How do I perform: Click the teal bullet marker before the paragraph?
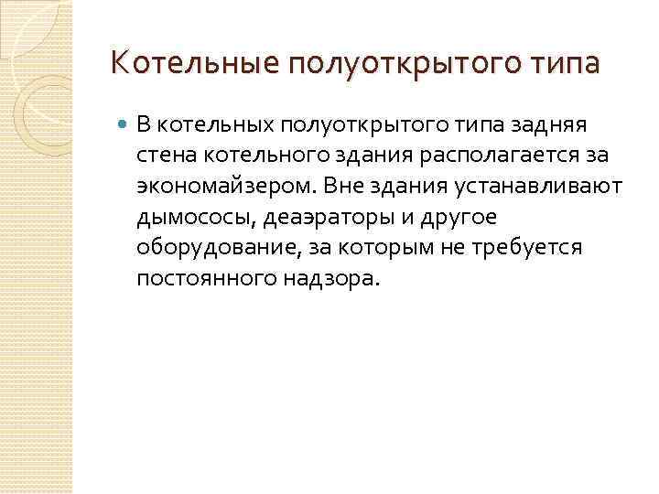(123, 123)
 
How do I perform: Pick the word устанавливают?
(550, 187)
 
